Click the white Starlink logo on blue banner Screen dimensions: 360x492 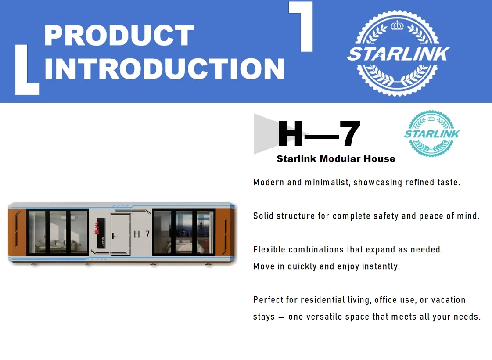tap(398, 53)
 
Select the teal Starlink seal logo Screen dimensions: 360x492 tap(431, 133)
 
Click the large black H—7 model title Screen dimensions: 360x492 tap(319, 134)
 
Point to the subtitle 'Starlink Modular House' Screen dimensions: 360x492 tap(336, 159)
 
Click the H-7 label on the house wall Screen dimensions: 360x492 tap(142, 234)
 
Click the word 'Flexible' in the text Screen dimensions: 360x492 tap(269, 250)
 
